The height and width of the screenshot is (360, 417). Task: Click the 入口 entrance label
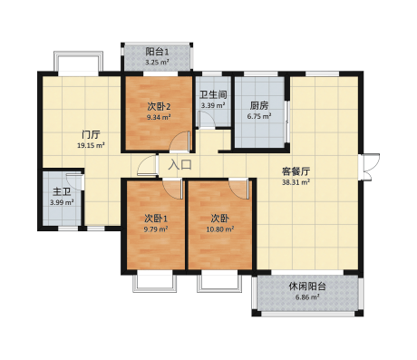point(180,165)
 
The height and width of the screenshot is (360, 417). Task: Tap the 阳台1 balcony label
point(157,52)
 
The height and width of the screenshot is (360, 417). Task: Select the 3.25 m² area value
point(157,63)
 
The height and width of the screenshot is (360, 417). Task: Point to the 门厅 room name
point(91,134)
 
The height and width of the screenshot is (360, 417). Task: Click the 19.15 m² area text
point(91,145)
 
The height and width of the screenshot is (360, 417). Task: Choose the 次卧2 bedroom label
point(159,106)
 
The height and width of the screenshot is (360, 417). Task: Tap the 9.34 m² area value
point(159,117)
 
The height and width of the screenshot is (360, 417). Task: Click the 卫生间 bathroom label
point(213,94)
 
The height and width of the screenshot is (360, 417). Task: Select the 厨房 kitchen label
point(259,105)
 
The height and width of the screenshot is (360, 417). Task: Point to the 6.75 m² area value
point(259,116)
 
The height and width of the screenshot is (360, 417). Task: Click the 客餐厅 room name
point(296,171)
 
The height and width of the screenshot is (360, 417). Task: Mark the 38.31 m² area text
point(296,182)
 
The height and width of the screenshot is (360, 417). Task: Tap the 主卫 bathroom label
point(62,191)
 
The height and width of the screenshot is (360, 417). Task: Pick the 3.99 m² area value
point(62,202)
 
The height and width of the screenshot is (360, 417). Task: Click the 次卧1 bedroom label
point(156,218)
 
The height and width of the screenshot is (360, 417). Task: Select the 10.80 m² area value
point(220,229)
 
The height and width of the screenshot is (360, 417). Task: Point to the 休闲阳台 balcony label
point(307,286)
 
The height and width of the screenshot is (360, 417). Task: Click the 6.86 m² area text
point(307,297)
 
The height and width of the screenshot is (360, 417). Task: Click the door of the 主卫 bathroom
point(74,180)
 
